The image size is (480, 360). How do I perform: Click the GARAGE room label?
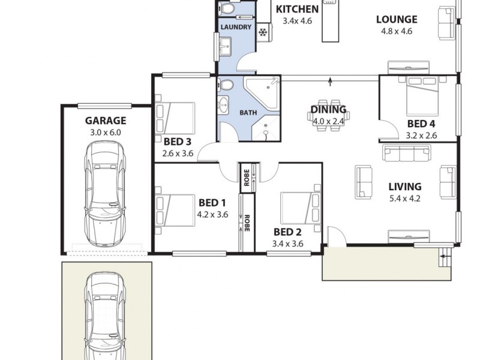click(106, 120)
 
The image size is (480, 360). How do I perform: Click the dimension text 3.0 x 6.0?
click(106, 132)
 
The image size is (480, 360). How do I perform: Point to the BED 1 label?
click(212, 202)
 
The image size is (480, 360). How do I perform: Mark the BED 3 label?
click(177, 142)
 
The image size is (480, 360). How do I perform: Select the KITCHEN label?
click(296, 9)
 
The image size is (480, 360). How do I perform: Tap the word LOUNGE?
click(397, 19)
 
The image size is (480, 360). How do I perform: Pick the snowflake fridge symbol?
click(263, 32)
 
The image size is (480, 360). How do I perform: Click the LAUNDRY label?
click(236, 28)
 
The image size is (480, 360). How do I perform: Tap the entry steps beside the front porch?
click(445, 259)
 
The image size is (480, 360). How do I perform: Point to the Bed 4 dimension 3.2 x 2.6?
click(421, 136)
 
